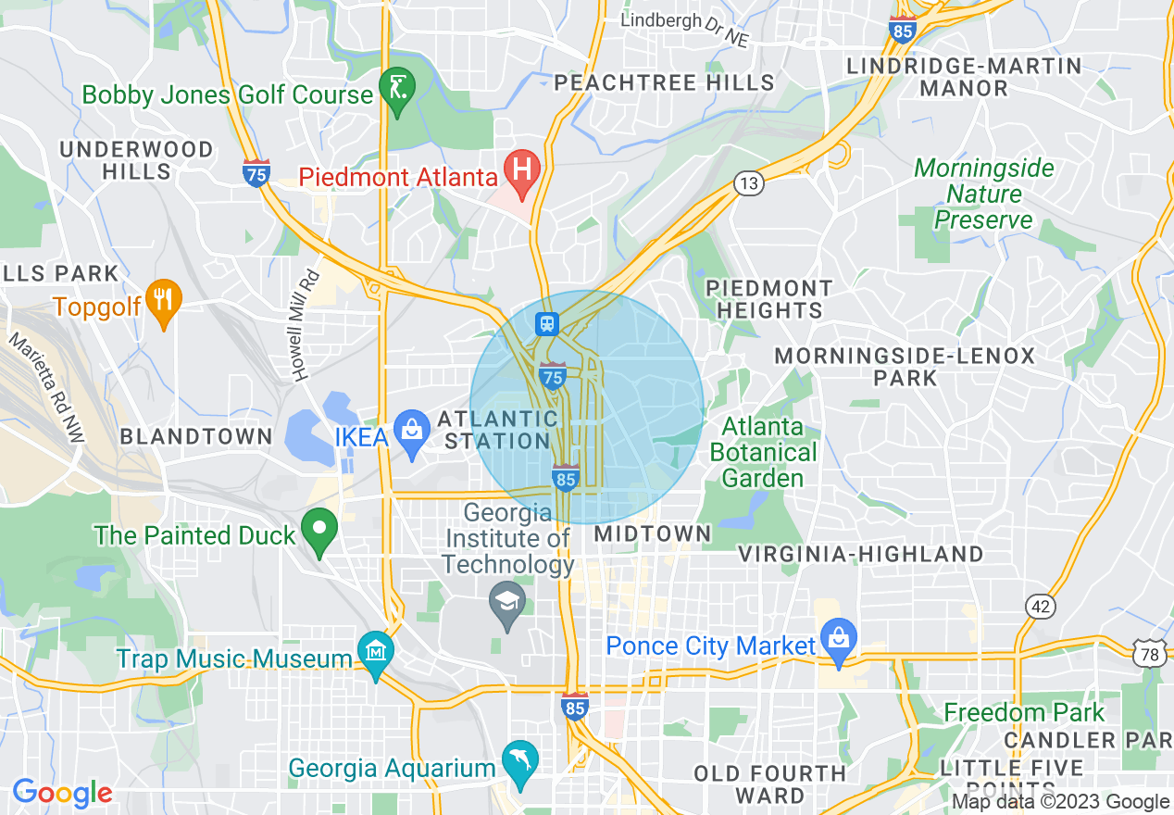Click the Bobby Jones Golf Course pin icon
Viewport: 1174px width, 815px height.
click(398, 91)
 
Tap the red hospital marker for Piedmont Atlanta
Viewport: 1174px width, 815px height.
click(522, 172)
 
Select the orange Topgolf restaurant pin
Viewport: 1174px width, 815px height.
click(164, 300)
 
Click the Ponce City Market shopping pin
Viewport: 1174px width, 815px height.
click(839, 641)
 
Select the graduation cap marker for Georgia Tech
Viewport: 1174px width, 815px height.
click(506, 604)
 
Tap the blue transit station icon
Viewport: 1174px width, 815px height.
click(547, 323)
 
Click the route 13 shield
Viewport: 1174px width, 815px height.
click(749, 183)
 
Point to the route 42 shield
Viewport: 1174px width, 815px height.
click(1041, 607)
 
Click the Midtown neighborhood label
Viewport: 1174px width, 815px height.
click(653, 533)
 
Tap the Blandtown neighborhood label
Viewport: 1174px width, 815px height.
click(196, 436)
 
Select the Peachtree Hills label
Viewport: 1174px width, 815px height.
click(664, 82)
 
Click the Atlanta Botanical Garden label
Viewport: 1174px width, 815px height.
click(763, 453)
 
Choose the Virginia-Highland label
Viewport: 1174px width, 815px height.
click(860, 554)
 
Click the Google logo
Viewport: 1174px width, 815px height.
click(62, 793)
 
